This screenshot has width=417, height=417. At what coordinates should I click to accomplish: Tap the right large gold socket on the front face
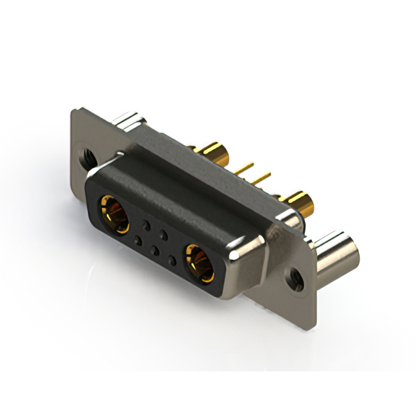pos(198,261)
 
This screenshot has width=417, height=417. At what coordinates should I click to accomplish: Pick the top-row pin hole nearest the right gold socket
pos(164,234)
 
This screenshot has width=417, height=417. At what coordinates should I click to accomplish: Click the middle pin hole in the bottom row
pos(154,250)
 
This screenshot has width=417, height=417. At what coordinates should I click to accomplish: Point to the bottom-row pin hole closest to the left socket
pos(137,240)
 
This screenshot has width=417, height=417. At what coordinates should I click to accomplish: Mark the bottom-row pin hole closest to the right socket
pos(171,260)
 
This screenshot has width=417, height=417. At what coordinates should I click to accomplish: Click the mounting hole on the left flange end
pos(88,156)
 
